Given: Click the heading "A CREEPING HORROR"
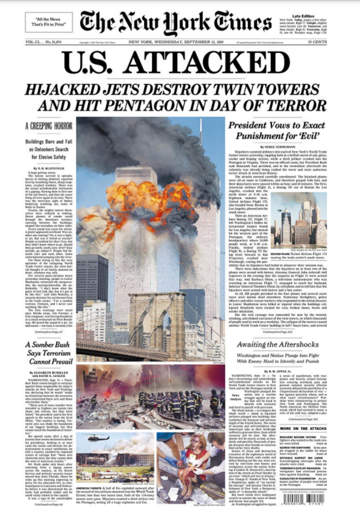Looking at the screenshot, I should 49,126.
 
